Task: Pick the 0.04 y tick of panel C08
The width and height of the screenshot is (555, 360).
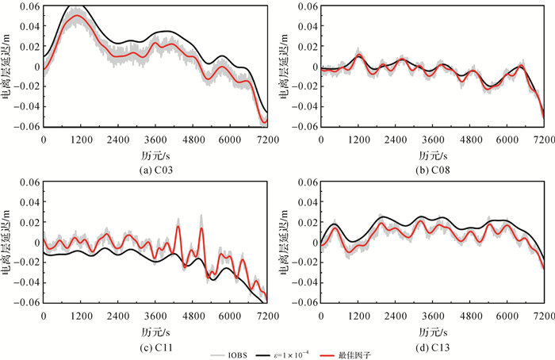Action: [x=307, y=26]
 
